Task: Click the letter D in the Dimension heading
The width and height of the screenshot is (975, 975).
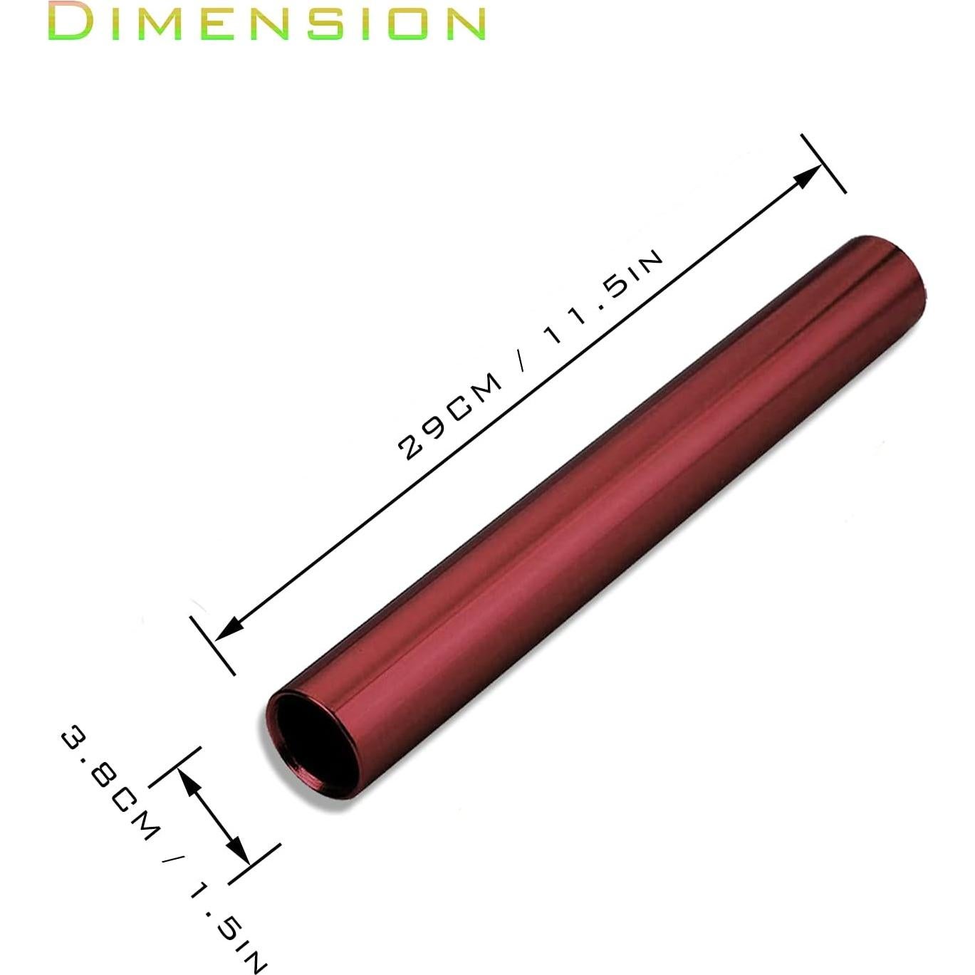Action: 72,22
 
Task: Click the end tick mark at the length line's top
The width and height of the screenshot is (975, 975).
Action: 823,163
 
